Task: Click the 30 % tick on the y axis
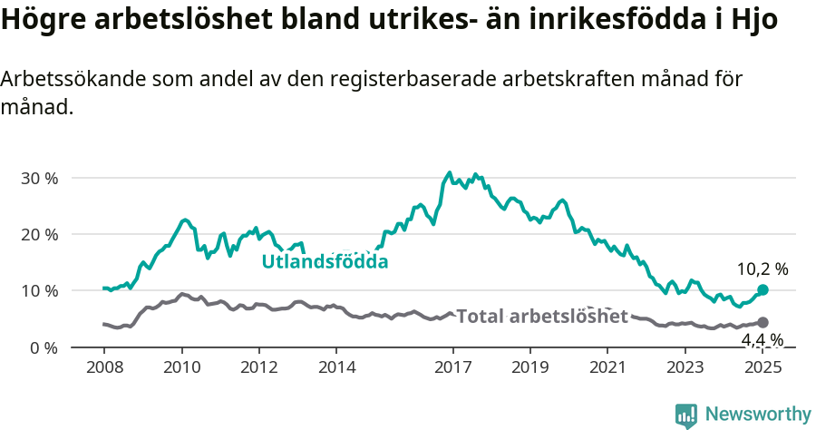click(38, 178)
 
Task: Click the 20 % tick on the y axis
click(38, 234)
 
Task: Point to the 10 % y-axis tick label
click(38, 291)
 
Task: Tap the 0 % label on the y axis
click(43, 347)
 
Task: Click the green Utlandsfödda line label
click(325, 262)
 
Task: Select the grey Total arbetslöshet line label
click(541, 317)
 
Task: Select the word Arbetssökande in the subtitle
click(65, 79)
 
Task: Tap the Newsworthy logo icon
click(686, 415)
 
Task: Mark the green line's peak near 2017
click(449, 172)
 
